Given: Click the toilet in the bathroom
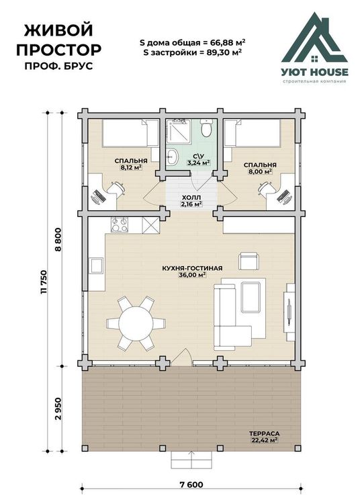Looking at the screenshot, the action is (x=206, y=128).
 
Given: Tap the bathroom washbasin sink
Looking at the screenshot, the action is (x=173, y=157).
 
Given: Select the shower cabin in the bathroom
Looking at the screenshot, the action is (x=178, y=130).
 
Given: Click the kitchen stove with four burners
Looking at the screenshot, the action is (x=119, y=224).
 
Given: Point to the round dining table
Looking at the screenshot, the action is (x=136, y=323).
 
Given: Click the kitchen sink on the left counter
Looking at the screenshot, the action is (x=96, y=265).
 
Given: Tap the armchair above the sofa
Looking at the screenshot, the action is (x=249, y=261).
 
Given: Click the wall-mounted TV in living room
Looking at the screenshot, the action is (x=289, y=312).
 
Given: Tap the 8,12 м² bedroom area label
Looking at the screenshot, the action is (x=131, y=167).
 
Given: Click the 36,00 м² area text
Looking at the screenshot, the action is (x=192, y=275).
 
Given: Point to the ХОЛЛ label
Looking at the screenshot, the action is (x=191, y=197).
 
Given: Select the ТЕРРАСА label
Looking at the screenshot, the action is (x=264, y=433).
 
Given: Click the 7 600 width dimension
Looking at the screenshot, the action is (x=191, y=485).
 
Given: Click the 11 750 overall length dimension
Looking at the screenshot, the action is (x=44, y=282).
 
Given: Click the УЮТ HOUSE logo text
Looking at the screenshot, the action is (x=315, y=72).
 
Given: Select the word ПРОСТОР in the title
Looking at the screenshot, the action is (x=59, y=50).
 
